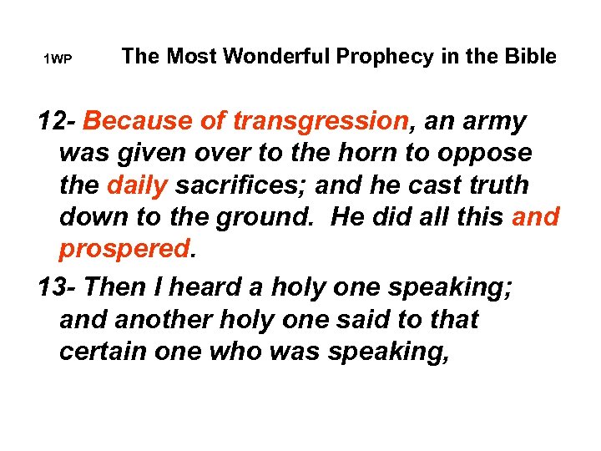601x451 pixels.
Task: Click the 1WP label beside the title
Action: [58, 58]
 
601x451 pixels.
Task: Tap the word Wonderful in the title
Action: [262, 56]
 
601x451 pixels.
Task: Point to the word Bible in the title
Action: [531, 56]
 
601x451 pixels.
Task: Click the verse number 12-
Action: [58, 122]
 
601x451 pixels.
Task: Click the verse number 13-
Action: [58, 287]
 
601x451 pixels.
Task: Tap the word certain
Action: [103, 352]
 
